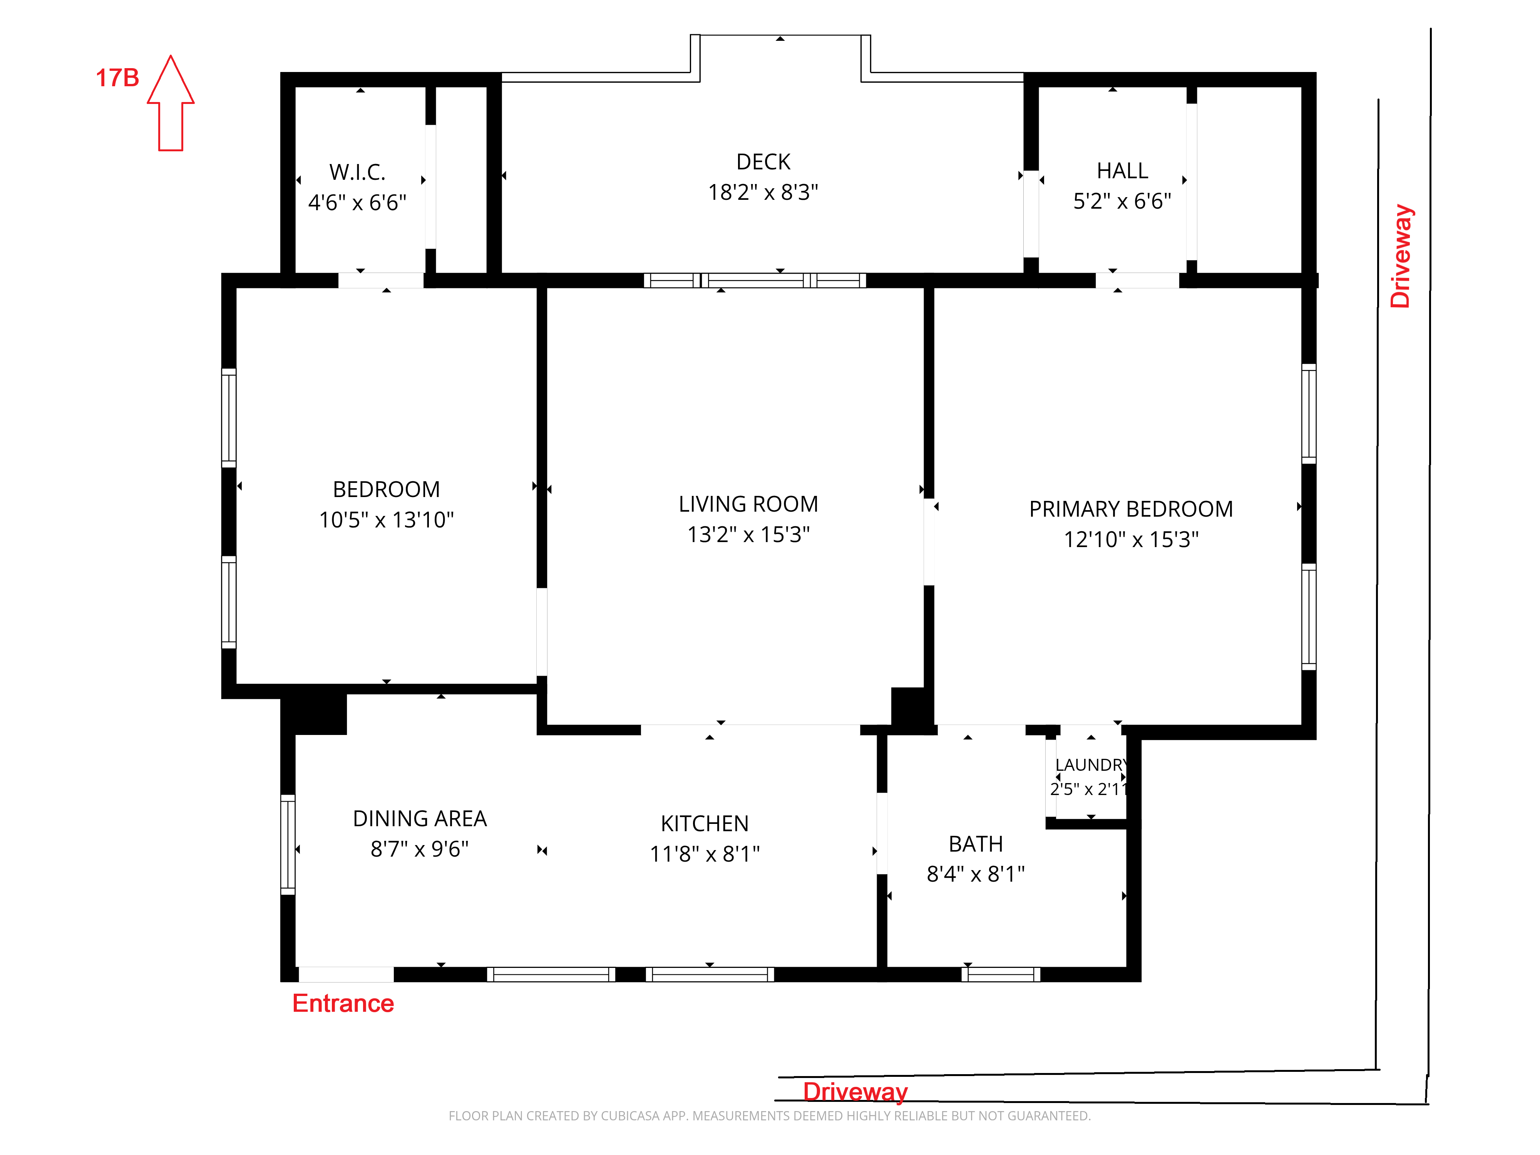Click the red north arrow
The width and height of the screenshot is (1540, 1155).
(171, 103)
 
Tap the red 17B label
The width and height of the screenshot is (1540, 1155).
(117, 78)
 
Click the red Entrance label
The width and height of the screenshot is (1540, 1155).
(343, 1003)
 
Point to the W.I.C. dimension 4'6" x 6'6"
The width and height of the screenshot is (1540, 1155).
(357, 203)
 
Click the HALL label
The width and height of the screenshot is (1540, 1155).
(1122, 171)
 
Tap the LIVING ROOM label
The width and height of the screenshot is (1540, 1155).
(748, 504)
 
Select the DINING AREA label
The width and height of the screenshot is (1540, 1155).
(420, 819)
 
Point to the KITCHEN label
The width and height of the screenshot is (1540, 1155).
(705, 824)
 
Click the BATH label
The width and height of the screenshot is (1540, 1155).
(976, 844)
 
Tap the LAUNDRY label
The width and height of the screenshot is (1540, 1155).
(1090, 765)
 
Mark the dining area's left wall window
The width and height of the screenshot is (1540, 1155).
(288, 844)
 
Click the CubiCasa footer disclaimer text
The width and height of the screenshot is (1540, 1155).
(769, 1116)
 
